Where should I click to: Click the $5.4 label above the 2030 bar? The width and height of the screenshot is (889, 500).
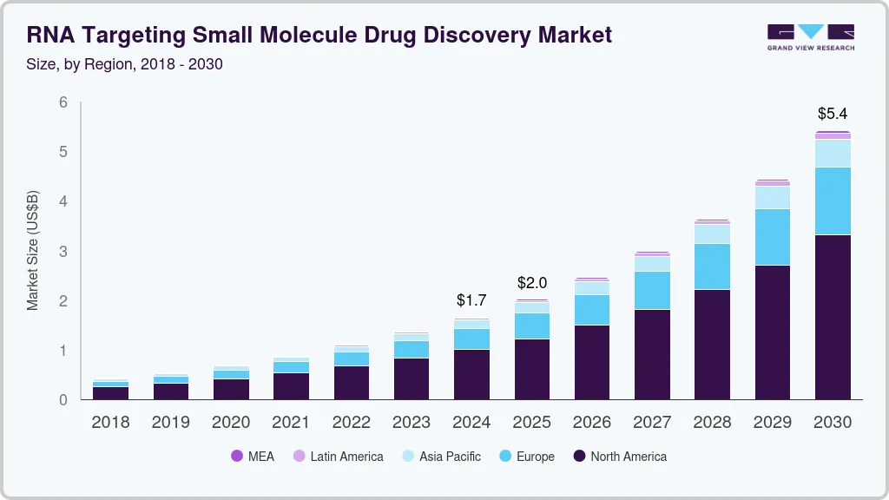(833, 114)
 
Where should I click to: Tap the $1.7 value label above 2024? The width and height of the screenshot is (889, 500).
(471, 300)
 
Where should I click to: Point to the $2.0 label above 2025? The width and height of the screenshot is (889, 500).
(532, 283)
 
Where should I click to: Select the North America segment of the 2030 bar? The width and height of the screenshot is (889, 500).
(833, 317)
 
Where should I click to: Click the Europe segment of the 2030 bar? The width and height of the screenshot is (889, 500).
(833, 201)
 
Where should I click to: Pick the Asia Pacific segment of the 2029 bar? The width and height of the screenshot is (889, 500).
(773, 197)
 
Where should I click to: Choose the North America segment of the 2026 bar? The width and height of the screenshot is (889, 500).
(592, 362)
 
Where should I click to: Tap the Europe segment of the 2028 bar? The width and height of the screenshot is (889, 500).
(712, 266)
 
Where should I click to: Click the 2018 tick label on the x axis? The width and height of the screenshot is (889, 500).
(110, 423)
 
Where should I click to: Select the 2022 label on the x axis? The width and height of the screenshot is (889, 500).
(352, 423)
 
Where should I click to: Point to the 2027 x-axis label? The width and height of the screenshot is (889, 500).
(652, 423)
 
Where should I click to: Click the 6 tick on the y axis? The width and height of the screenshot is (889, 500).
(63, 102)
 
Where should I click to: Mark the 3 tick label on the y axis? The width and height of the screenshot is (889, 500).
(63, 252)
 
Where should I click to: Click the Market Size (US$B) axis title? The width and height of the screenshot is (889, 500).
(33, 250)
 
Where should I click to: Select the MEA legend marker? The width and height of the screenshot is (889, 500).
(237, 457)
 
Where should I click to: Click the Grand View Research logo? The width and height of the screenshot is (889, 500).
(810, 36)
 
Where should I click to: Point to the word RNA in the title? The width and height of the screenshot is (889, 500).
(50, 35)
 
